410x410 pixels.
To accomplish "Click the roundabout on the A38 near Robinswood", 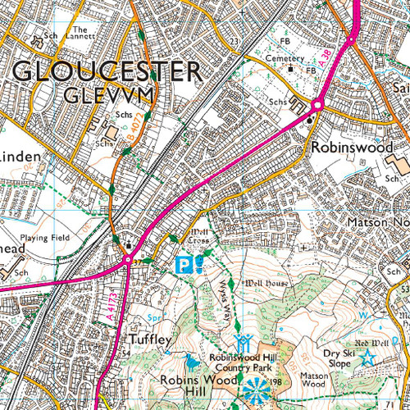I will [317, 104].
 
